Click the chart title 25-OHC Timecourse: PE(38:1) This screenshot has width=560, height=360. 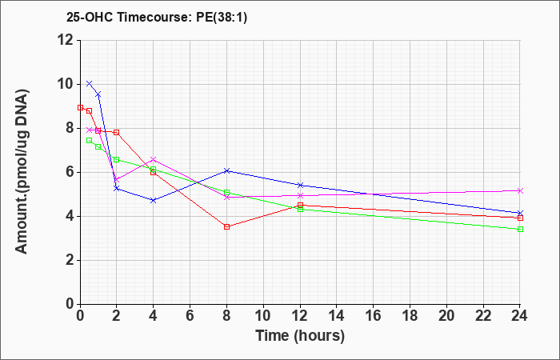pos(157,17)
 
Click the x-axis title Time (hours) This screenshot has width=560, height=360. pos(300,336)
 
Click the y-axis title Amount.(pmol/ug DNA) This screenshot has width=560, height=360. pos(22,172)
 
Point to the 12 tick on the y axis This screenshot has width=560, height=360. pos(66,40)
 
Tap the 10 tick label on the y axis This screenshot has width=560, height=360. pos(66,84)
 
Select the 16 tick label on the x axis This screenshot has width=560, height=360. pos(374,316)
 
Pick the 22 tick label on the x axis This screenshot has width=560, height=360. pos(483,316)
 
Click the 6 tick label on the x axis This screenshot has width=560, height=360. pos(190,316)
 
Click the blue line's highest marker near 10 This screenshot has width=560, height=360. pos(90,83)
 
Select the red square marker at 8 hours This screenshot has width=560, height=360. pos(226,226)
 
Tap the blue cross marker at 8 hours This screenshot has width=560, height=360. pos(226,170)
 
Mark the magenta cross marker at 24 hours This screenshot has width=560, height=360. pos(520,190)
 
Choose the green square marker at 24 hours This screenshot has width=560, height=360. pos(520,229)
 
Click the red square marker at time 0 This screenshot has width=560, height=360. pos(80,107)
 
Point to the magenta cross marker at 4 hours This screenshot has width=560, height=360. pos(154,159)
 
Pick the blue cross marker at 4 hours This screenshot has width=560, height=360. pos(154,200)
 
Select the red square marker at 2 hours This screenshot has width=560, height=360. pos(117,133)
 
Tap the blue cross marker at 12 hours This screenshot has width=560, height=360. pos(300,185)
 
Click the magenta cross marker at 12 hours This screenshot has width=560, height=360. pos(300,195)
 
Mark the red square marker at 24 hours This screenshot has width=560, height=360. pos(520,218)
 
